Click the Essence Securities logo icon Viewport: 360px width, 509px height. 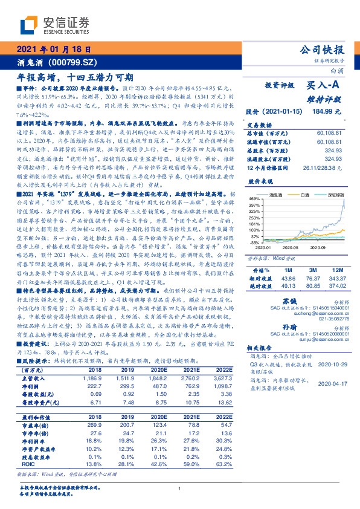[28, 24]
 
